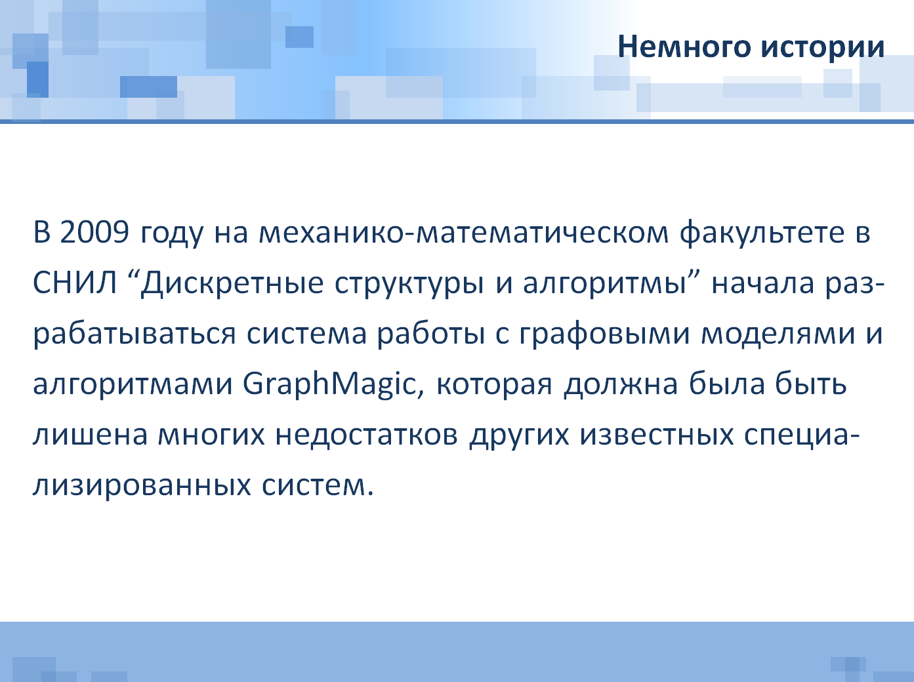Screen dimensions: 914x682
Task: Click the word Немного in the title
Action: (x=684, y=47)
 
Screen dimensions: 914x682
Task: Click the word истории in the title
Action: (x=823, y=47)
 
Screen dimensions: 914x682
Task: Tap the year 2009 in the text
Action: (x=94, y=231)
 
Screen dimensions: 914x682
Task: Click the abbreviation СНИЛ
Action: (x=75, y=283)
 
